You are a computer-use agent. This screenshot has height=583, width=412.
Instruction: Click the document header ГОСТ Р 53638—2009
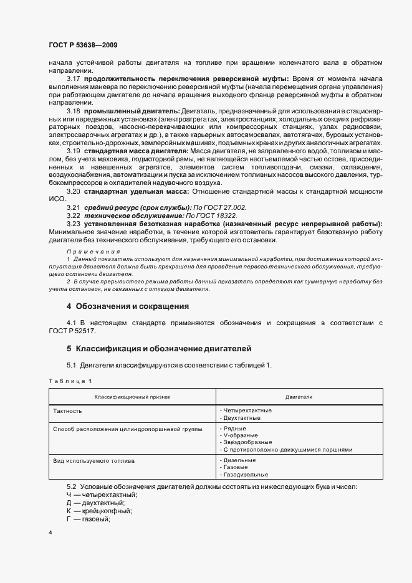tap(83, 45)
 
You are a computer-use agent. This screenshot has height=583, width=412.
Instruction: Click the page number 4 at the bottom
tap(50, 533)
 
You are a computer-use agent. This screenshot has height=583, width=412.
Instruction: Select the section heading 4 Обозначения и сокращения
tap(127, 306)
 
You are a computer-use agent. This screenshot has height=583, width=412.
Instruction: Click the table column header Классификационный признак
tap(132, 396)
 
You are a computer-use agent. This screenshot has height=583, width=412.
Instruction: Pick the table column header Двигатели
tap(299, 396)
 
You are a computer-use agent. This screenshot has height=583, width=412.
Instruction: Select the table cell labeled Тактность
tap(68, 411)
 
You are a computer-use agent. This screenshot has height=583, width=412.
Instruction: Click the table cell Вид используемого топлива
tap(95, 460)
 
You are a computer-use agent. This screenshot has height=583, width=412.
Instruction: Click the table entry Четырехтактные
tap(246, 410)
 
